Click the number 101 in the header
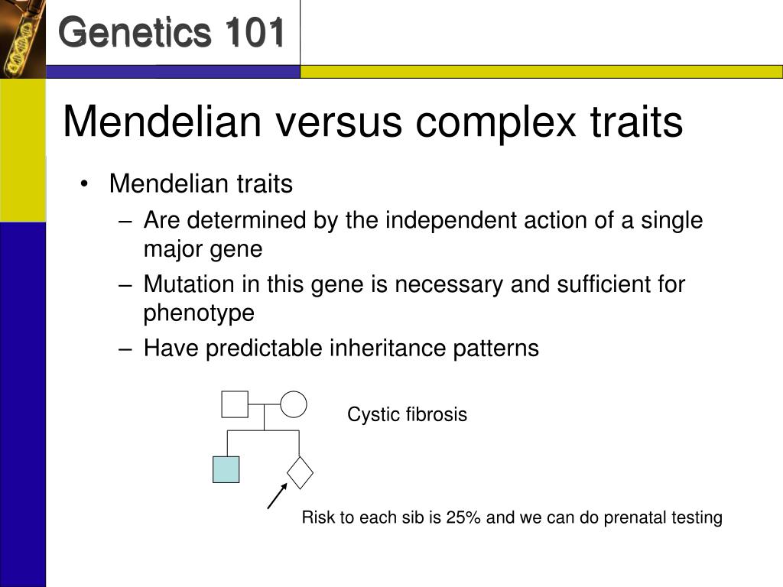[255, 32]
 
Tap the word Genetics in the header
[135, 32]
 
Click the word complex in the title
[495, 122]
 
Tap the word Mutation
[189, 284]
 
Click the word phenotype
[199, 313]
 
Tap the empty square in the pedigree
[235, 404]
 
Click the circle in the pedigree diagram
[294, 404]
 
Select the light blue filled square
[226, 470]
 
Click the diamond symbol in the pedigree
[300, 472]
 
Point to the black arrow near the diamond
[278, 495]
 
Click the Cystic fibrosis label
[407, 414]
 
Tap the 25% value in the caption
[463, 517]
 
